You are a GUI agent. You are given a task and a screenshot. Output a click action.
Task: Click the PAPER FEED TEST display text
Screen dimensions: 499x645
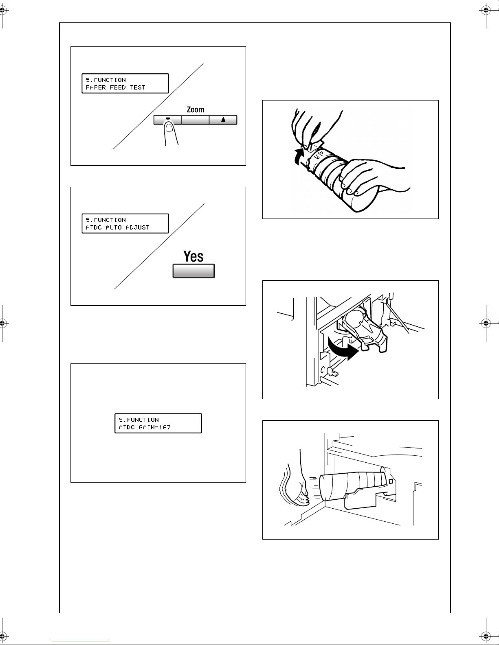(x=116, y=87)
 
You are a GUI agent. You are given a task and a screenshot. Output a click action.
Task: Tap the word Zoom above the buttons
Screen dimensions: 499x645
(x=196, y=109)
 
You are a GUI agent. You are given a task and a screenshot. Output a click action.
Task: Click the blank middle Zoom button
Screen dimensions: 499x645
(x=196, y=120)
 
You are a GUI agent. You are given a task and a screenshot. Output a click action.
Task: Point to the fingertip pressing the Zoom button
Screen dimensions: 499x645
(x=169, y=127)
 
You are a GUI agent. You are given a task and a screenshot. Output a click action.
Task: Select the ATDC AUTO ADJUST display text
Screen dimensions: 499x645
(x=118, y=227)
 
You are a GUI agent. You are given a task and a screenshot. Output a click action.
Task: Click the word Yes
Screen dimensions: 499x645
(x=193, y=256)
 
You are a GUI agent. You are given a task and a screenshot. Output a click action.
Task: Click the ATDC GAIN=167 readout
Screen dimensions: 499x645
(x=145, y=427)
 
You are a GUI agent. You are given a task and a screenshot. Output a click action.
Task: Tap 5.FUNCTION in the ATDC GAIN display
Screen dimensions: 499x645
(x=139, y=420)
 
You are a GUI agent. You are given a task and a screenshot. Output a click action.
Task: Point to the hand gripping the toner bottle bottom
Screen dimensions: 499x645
(x=374, y=178)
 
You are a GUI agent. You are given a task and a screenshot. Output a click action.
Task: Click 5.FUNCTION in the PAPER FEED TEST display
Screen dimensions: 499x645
(x=106, y=80)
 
